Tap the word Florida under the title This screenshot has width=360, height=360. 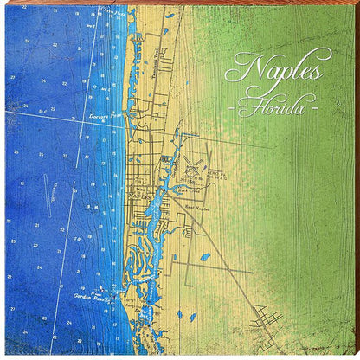[x=276, y=108]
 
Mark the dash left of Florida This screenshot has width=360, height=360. [x=234, y=110]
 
